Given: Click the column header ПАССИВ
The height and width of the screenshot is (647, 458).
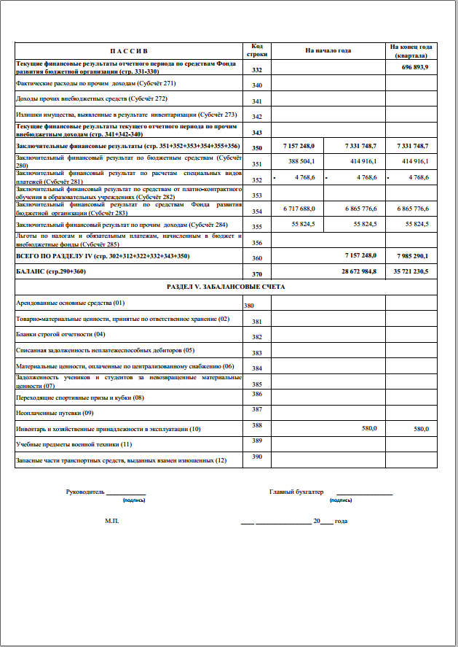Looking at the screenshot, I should click(x=129, y=51).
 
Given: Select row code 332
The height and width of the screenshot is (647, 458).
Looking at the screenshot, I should click(x=256, y=70).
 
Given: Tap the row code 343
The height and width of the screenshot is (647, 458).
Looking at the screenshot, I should click(x=256, y=133).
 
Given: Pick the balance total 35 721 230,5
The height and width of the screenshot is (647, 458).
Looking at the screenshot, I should click(x=411, y=271).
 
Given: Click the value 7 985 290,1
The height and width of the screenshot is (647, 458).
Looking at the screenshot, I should click(x=411, y=256).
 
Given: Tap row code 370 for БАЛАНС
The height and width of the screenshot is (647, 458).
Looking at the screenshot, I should click(x=256, y=274).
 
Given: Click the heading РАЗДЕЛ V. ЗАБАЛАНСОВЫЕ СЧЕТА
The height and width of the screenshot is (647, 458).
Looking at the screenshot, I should click(x=226, y=287).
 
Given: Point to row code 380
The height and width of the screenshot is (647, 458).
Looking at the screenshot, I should click(x=249, y=306).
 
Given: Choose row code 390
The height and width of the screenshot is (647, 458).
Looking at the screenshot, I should click(x=256, y=457).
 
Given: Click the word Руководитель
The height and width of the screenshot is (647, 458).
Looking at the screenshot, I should click(x=85, y=492).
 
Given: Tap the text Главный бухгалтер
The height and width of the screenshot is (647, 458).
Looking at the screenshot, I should click(x=296, y=492).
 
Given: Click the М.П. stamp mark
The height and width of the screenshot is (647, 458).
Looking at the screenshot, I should click(x=111, y=522).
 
